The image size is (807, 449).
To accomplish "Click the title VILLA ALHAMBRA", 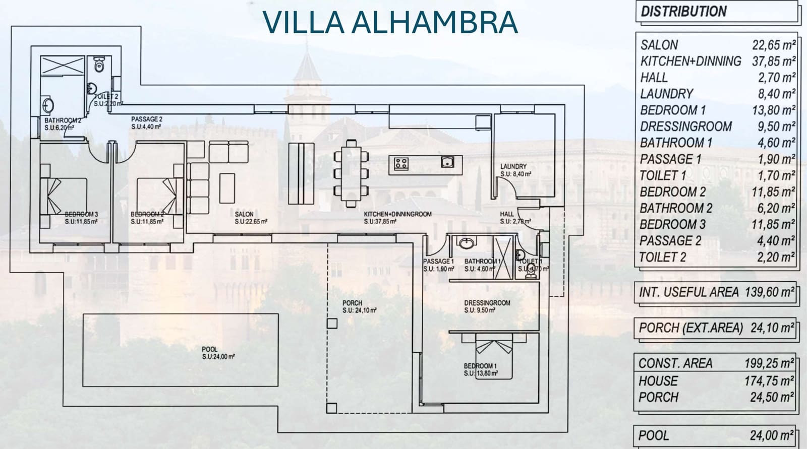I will tap(390, 22).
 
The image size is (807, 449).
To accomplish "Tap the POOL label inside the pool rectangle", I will tap(210, 349).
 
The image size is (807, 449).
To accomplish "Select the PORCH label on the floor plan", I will tap(352, 303).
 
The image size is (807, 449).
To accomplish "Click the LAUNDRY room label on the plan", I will tap(513, 167).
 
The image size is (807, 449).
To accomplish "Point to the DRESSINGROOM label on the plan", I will tap(487, 303).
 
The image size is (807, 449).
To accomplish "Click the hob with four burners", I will tap(401, 163).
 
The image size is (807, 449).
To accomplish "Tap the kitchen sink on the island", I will tap(447, 162).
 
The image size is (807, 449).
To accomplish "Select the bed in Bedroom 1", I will tap(494, 359).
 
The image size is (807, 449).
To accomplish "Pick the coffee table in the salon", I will tap(227, 187).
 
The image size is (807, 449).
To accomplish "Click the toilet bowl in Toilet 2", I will tap(99, 65).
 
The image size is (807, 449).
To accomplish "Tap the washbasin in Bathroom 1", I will tap(466, 243).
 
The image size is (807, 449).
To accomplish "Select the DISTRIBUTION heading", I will tap(683, 11).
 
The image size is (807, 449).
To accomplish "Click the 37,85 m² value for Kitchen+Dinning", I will tap(774, 61).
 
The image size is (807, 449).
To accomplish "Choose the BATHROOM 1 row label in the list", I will tap(676, 143).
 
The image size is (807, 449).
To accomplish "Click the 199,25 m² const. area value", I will tap(769, 363).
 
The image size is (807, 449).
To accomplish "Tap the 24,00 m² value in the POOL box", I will tap(772, 435).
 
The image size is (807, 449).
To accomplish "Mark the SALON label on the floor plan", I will tap(244, 214).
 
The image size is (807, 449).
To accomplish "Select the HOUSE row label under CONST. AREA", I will tap(658, 381).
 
